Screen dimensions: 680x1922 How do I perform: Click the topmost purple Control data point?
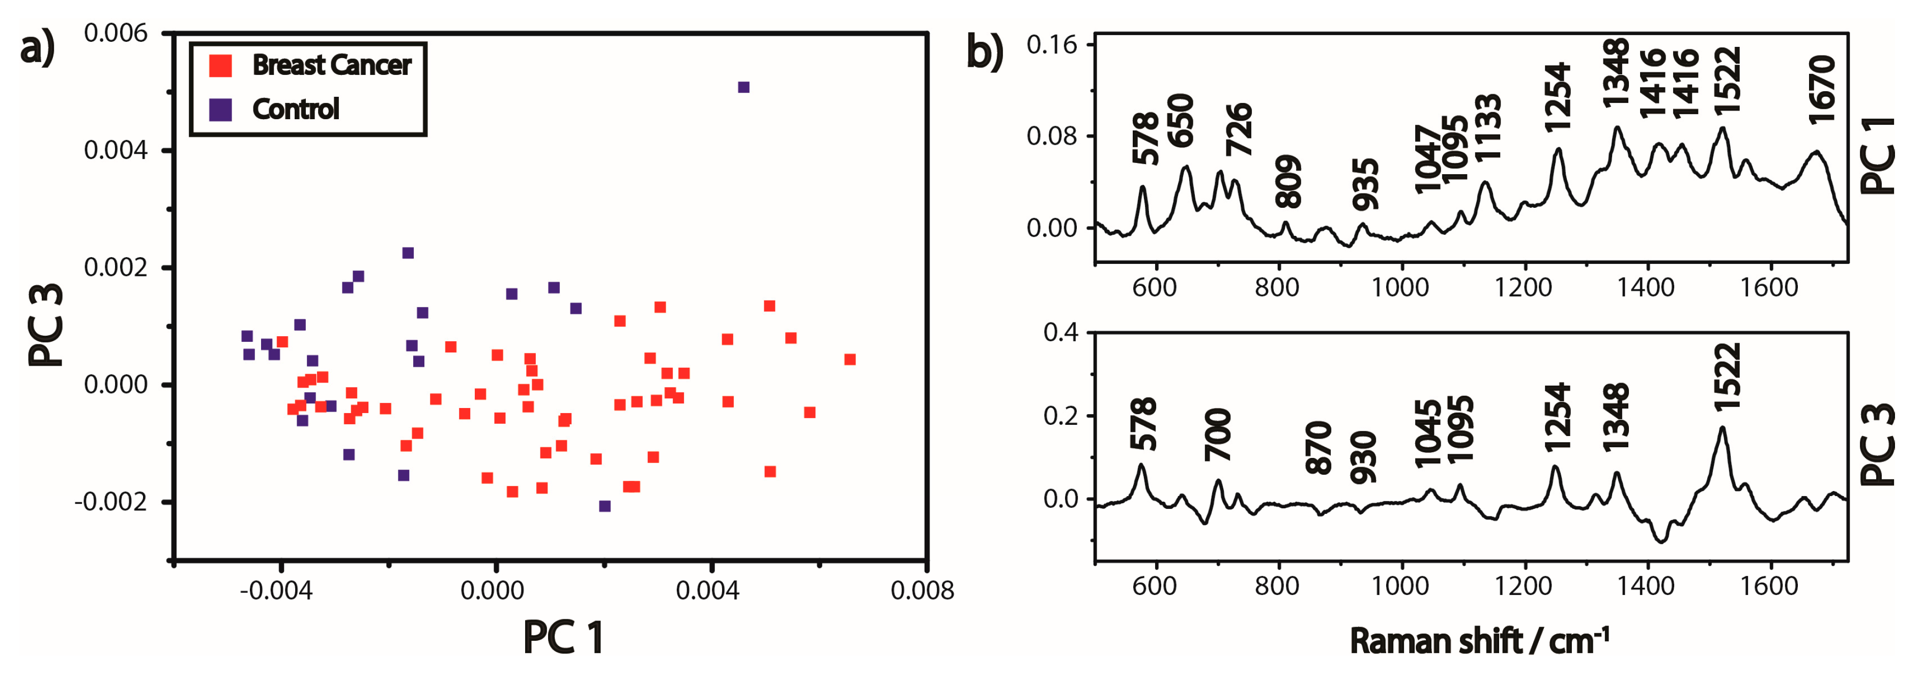coord(743,87)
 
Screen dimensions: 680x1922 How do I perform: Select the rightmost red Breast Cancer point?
coord(849,360)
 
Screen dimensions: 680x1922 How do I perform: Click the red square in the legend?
coord(220,66)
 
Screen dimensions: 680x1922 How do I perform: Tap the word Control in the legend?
coord(296,110)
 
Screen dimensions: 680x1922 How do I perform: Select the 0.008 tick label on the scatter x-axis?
coord(922,591)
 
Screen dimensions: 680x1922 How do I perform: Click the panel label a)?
coord(37,49)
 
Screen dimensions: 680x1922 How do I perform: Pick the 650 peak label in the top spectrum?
coord(1181,121)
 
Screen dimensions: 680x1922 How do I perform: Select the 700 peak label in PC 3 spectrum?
coord(1218,434)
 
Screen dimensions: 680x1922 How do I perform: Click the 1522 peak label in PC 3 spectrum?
coord(1727,377)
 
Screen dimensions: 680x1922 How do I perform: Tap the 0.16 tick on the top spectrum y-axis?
coord(1051,45)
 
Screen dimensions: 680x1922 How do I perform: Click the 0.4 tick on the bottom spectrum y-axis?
coord(1060,333)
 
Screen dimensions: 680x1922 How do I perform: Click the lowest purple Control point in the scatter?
coord(605,506)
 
